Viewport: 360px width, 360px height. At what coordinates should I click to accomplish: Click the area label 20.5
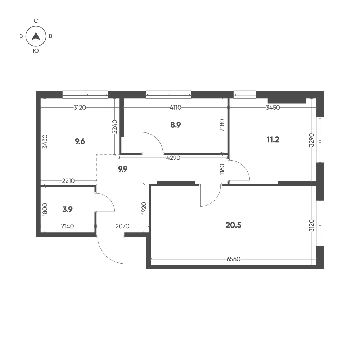tap(234, 225)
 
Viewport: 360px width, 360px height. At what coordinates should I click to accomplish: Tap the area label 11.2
tap(273, 139)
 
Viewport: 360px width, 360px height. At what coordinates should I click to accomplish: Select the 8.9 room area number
tap(175, 125)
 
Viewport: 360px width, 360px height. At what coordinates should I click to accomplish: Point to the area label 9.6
tap(80, 141)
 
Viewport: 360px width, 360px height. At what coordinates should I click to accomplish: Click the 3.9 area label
tap(68, 210)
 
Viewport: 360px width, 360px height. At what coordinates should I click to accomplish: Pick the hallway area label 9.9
tap(122, 169)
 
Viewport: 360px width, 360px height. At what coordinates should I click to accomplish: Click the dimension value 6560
tap(233, 259)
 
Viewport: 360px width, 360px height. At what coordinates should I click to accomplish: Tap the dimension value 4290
tap(173, 158)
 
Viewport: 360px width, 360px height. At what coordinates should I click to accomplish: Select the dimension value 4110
tap(175, 107)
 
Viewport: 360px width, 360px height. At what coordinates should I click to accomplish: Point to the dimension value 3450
tap(273, 107)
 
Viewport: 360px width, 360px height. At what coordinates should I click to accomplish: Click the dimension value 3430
tap(45, 141)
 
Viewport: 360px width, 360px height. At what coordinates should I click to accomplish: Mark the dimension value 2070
tap(122, 226)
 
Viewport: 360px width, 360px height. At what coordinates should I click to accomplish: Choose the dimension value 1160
tap(222, 169)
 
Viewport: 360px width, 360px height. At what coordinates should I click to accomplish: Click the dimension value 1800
tap(45, 209)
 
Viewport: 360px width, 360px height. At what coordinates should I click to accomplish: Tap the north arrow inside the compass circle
tap(36, 36)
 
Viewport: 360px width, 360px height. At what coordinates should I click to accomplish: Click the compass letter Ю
tap(36, 51)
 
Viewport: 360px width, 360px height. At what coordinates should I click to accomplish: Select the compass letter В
tap(51, 36)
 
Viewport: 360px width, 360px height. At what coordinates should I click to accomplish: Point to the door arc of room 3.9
tap(110, 199)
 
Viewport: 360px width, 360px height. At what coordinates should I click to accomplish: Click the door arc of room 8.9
tap(157, 139)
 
